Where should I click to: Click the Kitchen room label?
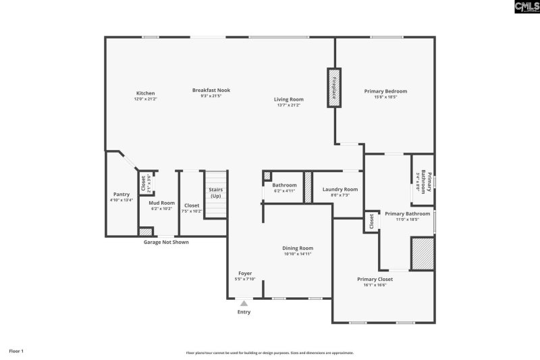tap(145, 93)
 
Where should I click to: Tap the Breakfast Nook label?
tap(211, 91)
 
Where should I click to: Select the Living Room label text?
tap(288, 99)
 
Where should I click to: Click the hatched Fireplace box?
tap(333, 86)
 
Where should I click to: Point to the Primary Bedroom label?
tap(385, 91)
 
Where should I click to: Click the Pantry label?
tap(122, 194)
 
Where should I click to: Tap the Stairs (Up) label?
tap(215, 192)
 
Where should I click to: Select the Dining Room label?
tap(297, 248)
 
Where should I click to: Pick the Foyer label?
tap(245, 274)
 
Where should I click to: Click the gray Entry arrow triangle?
tap(244, 304)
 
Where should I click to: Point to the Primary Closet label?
tap(375, 278)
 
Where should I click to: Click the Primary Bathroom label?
tap(407, 213)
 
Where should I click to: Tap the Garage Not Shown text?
tap(166, 242)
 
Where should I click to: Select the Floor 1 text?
tap(16, 351)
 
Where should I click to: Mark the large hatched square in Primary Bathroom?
tap(423, 253)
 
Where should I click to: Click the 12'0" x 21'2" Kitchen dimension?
tap(145, 99)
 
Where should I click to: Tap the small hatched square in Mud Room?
tap(144, 232)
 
